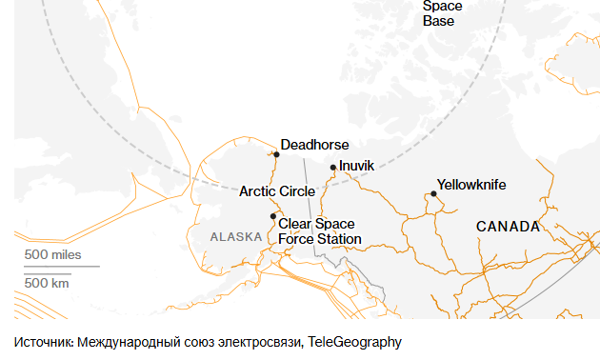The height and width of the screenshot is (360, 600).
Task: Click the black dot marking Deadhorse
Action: click(x=276, y=153)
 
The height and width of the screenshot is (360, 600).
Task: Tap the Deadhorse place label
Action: click(x=314, y=145)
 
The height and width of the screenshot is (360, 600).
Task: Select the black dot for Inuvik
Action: click(x=332, y=168)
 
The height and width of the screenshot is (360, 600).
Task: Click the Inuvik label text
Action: click(x=357, y=166)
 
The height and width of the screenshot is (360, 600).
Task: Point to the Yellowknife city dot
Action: click(x=433, y=193)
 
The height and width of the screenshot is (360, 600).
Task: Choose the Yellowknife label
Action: click(x=471, y=185)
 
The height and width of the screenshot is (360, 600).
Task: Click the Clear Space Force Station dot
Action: click(x=273, y=216)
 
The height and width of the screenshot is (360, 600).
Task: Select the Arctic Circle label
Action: click(x=277, y=191)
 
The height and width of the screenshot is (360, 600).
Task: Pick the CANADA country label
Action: click(x=508, y=227)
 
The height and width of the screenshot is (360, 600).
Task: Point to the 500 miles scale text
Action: click(x=53, y=255)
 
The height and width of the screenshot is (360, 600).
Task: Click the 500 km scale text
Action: click(x=48, y=283)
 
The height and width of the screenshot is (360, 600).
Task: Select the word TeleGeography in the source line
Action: click(x=355, y=341)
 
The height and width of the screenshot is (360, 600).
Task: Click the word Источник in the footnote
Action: click(x=43, y=341)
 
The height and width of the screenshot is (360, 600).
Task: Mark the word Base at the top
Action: click(x=439, y=21)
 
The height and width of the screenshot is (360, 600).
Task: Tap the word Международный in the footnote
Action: click(x=127, y=341)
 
